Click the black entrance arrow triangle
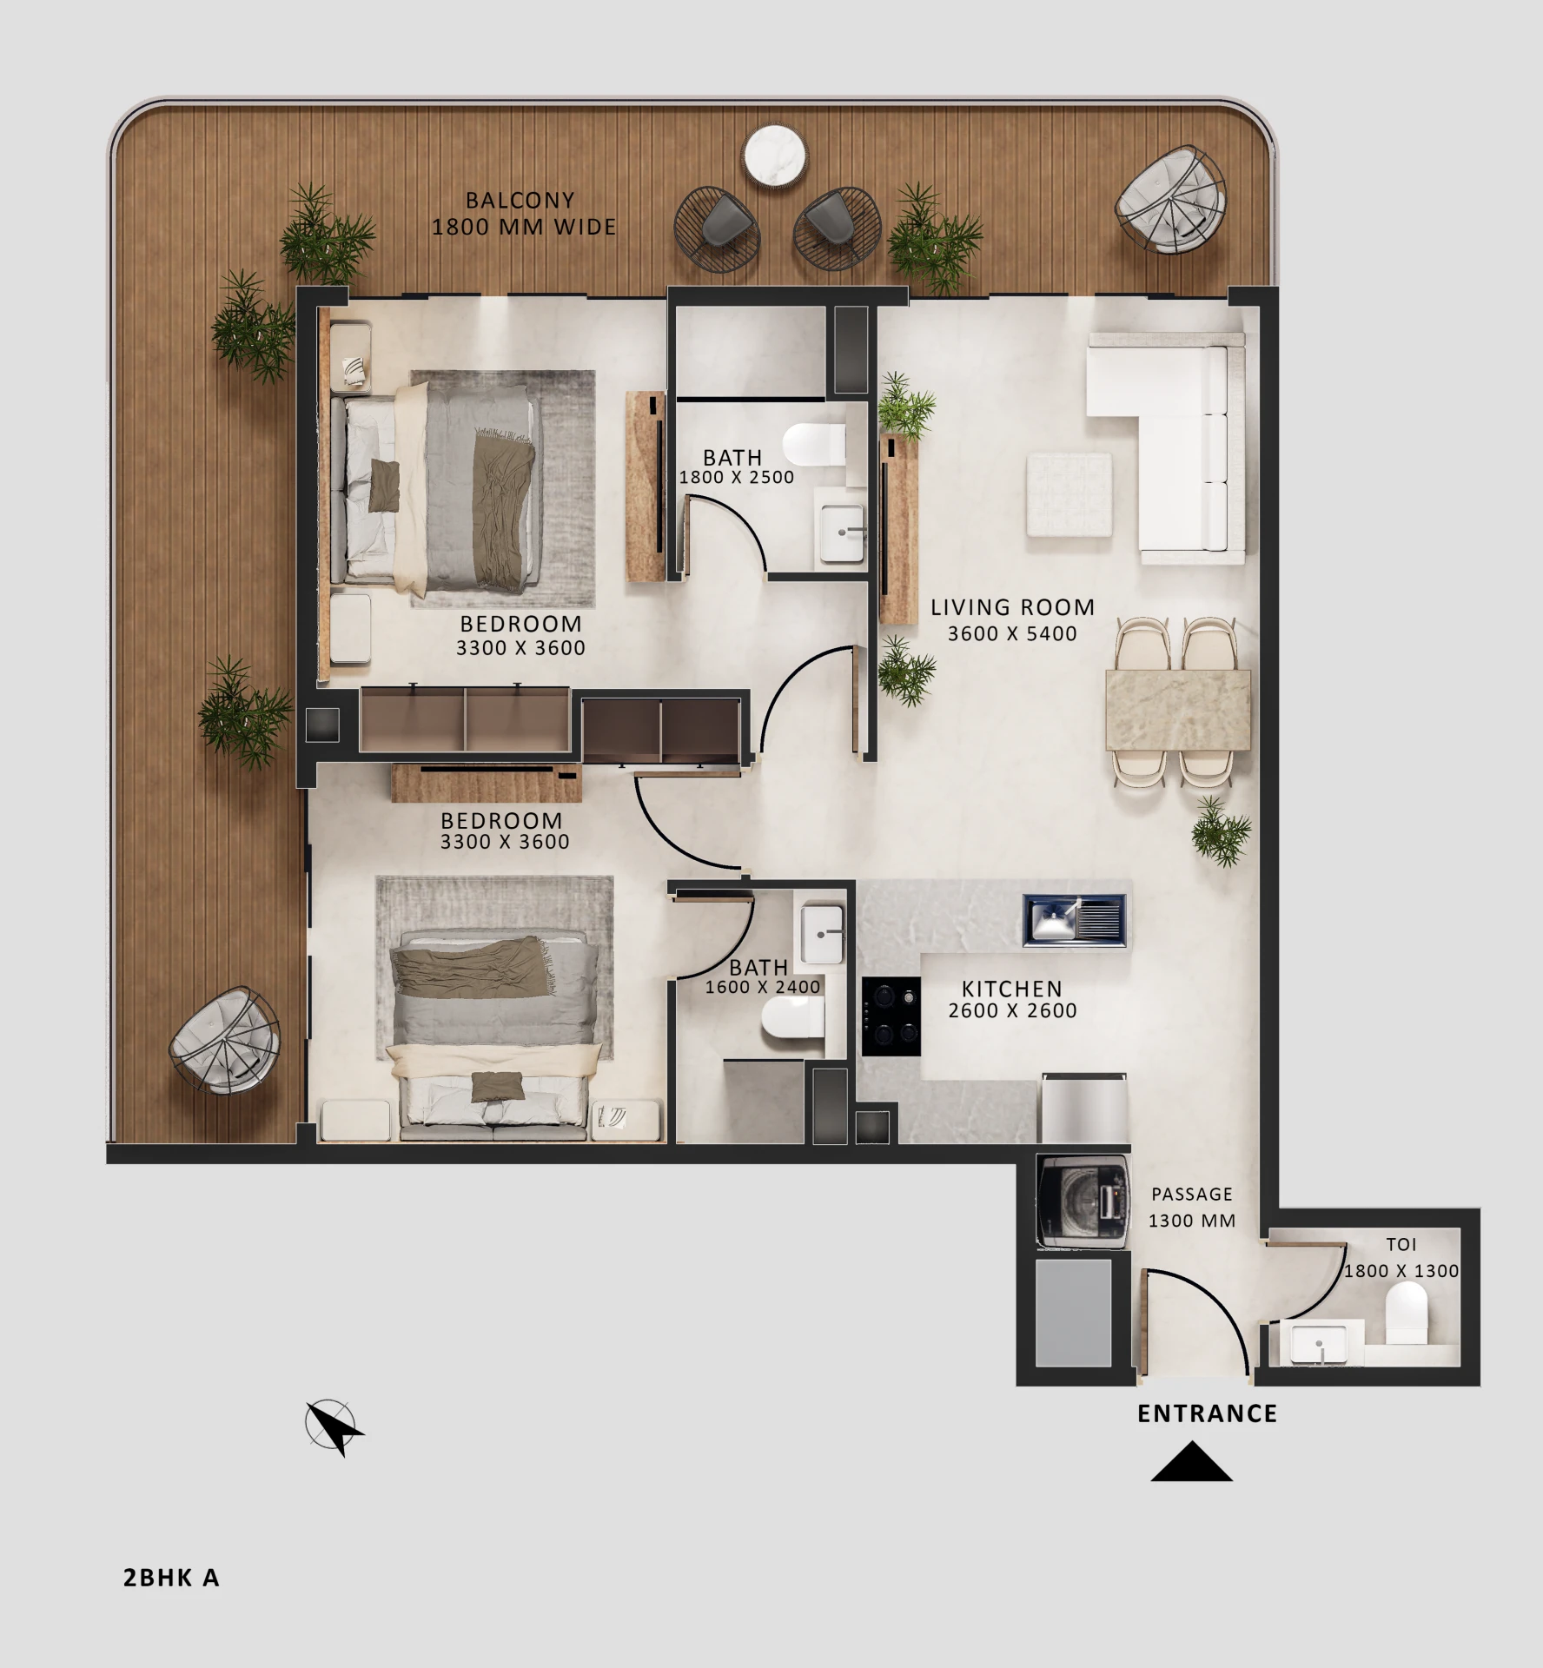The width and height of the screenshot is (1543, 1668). pyautogui.click(x=1191, y=1461)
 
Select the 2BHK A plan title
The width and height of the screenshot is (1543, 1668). pyautogui.click(x=171, y=1578)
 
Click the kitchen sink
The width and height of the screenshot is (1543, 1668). pyautogui.click(x=1075, y=920)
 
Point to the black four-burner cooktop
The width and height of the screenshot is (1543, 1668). pyautogui.click(x=891, y=1016)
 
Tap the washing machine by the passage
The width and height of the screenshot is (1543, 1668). pyautogui.click(x=1083, y=1201)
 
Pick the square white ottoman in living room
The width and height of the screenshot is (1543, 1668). pyautogui.click(x=1069, y=493)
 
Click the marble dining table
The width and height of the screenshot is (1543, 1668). pyautogui.click(x=1177, y=710)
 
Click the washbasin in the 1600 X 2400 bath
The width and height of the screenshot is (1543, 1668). pyautogui.click(x=822, y=935)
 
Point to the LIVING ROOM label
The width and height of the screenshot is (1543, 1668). pyautogui.click(x=1012, y=607)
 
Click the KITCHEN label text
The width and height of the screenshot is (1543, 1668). pyautogui.click(x=1012, y=989)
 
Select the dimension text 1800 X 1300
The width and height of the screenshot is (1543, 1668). pyautogui.click(x=1401, y=1271)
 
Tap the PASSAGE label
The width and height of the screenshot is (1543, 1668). pyautogui.click(x=1192, y=1195)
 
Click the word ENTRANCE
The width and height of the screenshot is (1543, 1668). pyautogui.click(x=1208, y=1414)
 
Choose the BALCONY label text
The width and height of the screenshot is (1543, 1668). pyautogui.click(x=520, y=201)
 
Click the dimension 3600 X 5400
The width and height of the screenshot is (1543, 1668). pyautogui.click(x=1012, y=634)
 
